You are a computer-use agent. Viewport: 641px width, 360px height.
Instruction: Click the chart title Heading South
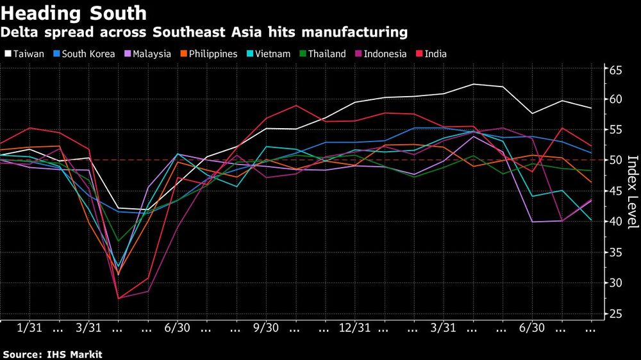tap(74, 12)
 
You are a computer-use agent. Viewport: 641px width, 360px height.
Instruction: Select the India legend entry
tap(436, 54)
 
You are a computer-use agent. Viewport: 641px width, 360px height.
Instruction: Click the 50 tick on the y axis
tap(615, 160)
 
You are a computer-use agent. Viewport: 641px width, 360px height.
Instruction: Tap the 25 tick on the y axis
tap(615, 313)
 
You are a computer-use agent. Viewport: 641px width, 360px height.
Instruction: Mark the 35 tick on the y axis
tap(615, 252)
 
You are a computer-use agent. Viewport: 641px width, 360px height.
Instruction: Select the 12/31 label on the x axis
tap(354, 327)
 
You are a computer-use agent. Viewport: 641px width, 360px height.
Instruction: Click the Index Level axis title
tap(631, 192)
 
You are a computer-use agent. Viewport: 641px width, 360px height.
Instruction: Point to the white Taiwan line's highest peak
tap(474, 84)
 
